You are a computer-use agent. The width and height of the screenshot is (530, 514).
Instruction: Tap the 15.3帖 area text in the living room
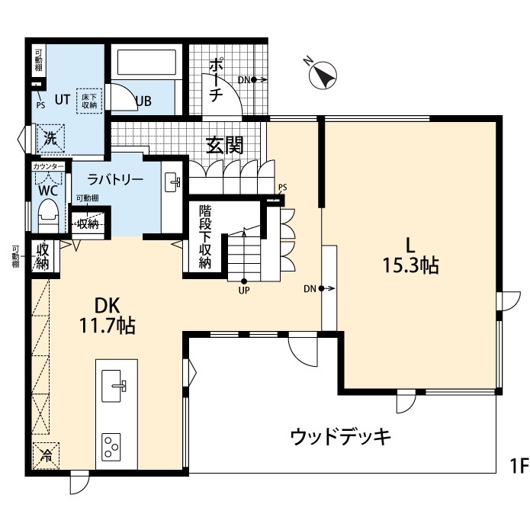coord(410,266)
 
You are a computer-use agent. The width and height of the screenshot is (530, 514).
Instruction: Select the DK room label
coord(107,306)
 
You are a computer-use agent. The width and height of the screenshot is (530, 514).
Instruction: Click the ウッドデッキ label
coord(340,437)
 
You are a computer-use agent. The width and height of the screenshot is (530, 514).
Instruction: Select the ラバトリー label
coord(115,181)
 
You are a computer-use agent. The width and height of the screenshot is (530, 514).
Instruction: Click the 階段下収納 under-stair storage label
coord(205,236)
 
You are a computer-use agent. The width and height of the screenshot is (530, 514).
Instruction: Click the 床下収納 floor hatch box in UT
coord(88,100)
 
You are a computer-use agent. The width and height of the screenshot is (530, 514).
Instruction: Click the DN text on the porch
coord(243,79)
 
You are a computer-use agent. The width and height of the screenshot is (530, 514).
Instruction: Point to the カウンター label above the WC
coord(48,165)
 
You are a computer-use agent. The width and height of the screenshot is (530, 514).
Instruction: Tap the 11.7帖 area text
coord(108,326)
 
